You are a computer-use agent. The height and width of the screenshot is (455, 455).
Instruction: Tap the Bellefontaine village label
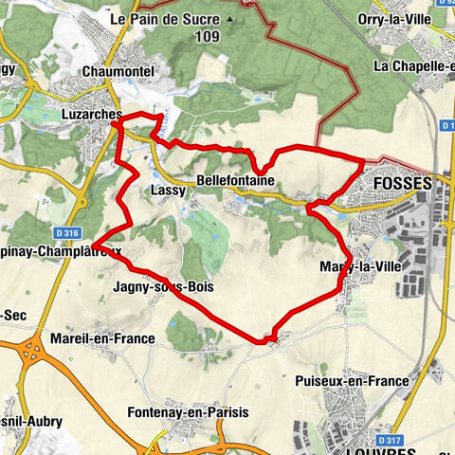(x=235, y=180)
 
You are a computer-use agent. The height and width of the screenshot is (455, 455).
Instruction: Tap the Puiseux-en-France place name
(x=352, y=381)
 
